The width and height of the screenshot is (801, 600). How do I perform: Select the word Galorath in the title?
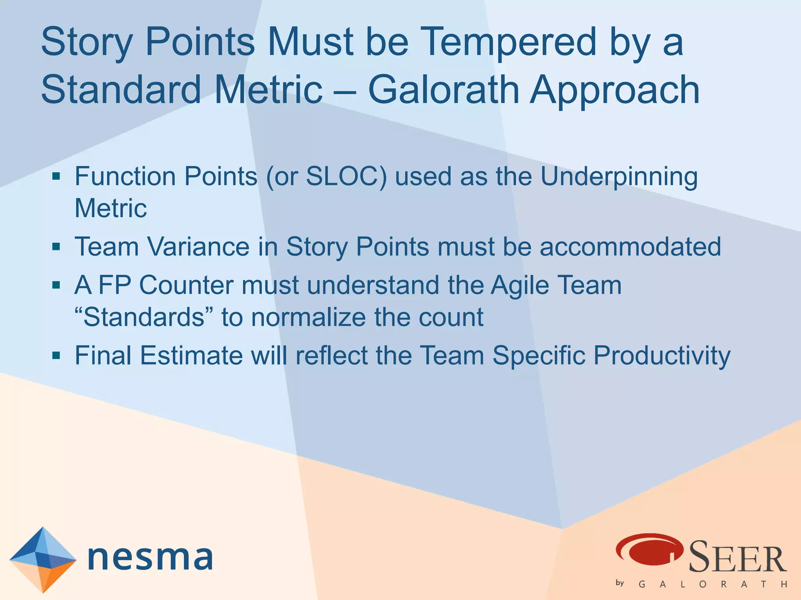(x=444, y=90)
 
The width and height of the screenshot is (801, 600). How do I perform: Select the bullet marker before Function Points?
(x=56, y=177)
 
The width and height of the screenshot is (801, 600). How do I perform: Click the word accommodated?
(x=630, y=247)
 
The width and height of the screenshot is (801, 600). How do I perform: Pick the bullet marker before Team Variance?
(x=56, y=247)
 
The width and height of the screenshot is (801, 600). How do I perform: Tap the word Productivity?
(x=662, y=356)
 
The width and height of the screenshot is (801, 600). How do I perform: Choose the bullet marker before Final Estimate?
(x=56, y=355)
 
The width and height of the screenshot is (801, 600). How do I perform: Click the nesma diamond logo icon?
(x=43, y=559)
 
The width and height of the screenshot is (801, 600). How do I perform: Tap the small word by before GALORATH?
(x=620, y=583)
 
